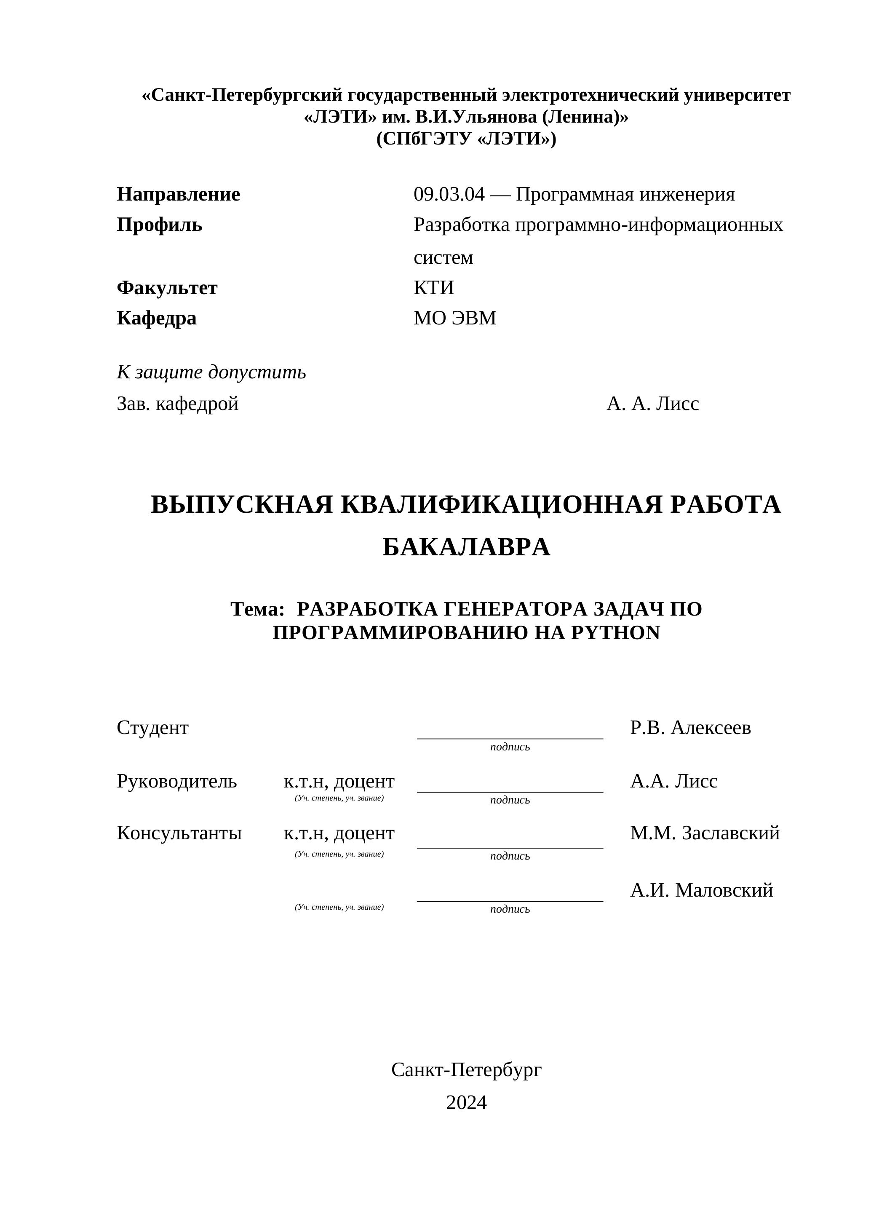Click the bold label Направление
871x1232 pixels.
click(x=178, y=194)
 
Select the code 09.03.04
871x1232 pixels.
click(x=449, y=194)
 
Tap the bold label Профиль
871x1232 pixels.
click(x=159, y=225)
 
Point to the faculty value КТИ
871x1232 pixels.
click(x=433, y=288)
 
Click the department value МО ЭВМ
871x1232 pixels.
click(x=455, y=318)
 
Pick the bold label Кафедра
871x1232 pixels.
click(x=157, y=318)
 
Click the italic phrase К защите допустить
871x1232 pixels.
click(x=211, y=372)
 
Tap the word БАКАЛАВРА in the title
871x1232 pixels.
click(x=466, y=547)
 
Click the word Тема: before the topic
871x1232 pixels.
click(x=257, y=609)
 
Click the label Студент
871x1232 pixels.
click(x=152, y=728)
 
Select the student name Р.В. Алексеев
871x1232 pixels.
click(x=690, y=728)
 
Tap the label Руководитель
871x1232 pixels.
click(x=176, y=781)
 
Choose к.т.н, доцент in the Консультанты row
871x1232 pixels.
click(x=339, y=833)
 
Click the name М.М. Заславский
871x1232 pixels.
click(x=705, y=833)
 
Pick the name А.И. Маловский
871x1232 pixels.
click(x=702, y=890)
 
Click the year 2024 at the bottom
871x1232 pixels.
click(x=466, y=1103)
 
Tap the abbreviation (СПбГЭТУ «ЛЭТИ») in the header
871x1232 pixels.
click(x=466, y=139)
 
